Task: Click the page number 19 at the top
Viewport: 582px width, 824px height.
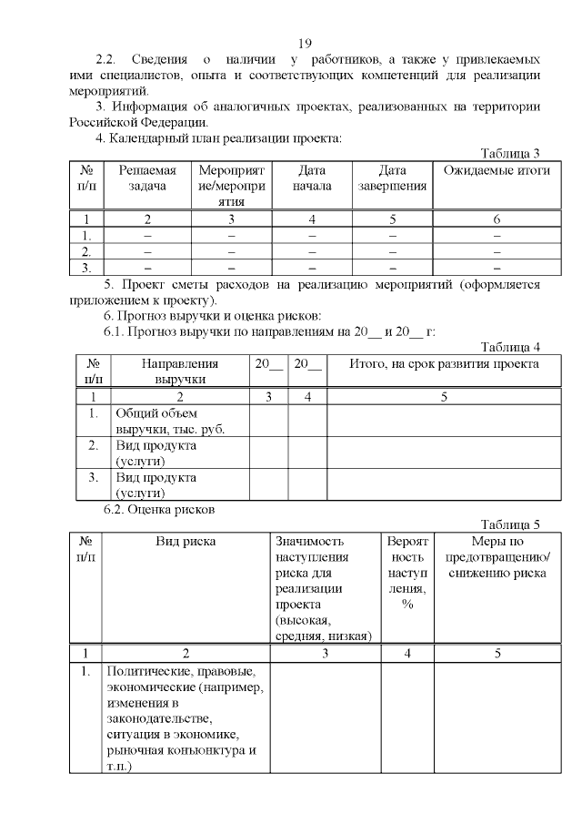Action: [305, 44]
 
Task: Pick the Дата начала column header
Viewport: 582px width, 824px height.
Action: [311, 178]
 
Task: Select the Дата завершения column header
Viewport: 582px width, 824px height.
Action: [392, 178]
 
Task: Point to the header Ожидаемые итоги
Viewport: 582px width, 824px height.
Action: [497, 171]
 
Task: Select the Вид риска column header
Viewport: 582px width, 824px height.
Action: [186, 542]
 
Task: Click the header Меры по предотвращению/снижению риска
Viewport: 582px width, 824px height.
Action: [497, 557]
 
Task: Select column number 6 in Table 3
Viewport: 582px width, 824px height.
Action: [497, 219]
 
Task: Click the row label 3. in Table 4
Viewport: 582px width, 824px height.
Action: [93, 477]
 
